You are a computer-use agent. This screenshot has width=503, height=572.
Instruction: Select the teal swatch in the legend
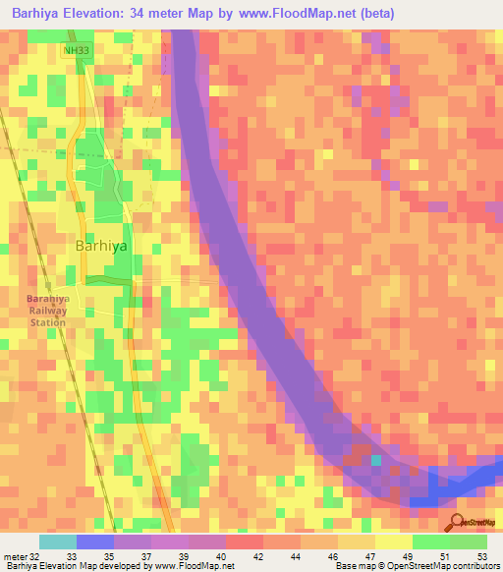[x=58, y=542]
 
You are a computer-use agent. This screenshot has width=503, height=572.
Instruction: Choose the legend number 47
[x=369, y=555]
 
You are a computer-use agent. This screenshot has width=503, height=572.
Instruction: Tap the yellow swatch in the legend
[x=394, y=542]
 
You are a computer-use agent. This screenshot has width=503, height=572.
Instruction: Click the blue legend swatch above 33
[x=95, y=542]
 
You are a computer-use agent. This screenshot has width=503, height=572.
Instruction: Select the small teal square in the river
[x=375, y=460]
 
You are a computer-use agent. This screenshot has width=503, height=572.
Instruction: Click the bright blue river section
[x=462, y=486]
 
